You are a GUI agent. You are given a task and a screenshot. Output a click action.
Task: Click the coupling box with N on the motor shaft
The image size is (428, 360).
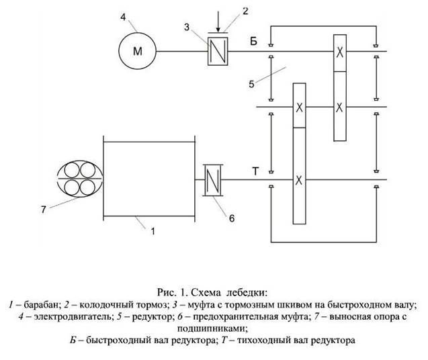pyautogui.click(x=218, y=50)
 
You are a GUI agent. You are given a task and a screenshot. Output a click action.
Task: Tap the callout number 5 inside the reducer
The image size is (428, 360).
pyautogui.click(x=252, y=84)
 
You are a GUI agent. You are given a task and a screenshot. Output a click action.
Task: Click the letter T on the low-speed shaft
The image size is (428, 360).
pyautogui.click(x=255, y=171)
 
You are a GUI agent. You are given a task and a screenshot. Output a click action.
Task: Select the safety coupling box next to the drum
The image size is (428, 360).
pyautogui.click(x=212, y=180)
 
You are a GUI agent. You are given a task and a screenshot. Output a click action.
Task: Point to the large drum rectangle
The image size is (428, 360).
pyautogui.click(x=148, y=175)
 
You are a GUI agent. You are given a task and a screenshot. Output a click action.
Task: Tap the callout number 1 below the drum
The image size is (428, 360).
pyautogui.click(x=153, y=232)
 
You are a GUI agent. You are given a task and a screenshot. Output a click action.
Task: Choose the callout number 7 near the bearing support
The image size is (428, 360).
pyautogui.click(x=43, y=210)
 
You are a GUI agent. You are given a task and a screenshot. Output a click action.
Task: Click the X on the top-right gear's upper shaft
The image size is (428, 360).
pyautogui.click(x=341, y=51)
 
